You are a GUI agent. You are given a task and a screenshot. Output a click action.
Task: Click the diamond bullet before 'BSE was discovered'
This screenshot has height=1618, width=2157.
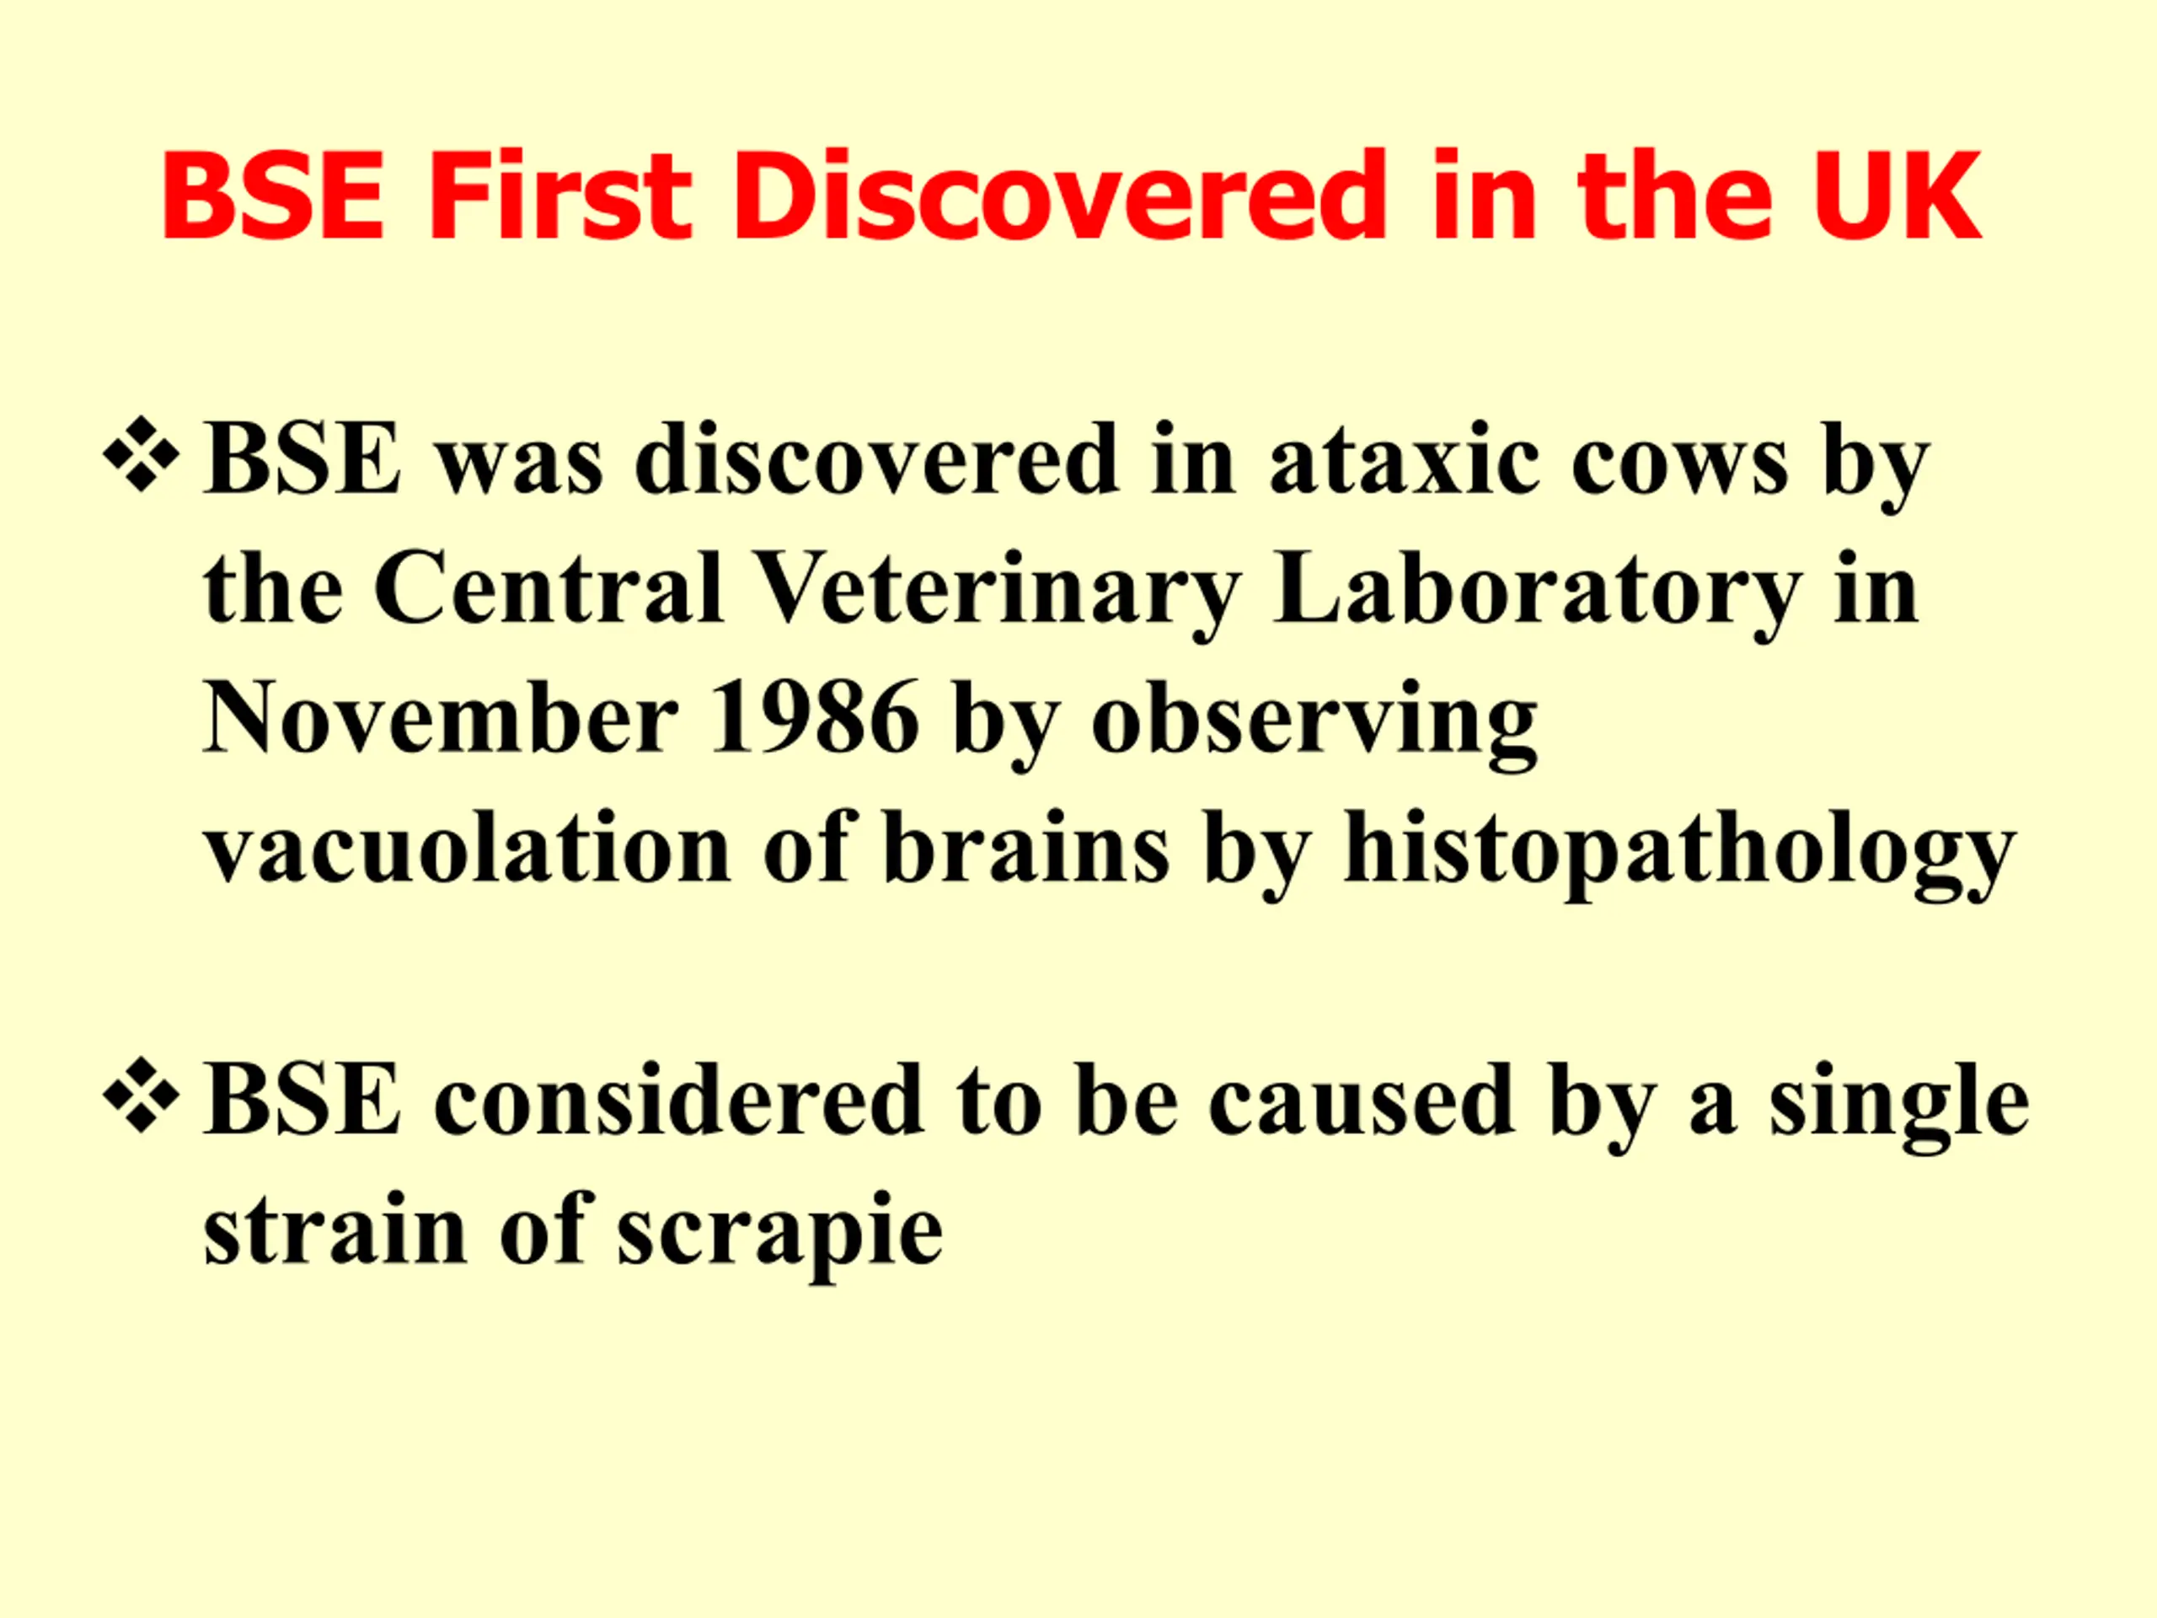click(142, 454)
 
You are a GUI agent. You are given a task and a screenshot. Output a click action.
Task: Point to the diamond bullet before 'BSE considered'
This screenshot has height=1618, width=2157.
click(142, 1096)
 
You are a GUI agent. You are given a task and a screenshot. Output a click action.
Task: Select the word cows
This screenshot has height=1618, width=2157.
click(1679, 463)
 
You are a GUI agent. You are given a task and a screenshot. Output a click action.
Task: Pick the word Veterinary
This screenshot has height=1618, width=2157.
click(998, 595)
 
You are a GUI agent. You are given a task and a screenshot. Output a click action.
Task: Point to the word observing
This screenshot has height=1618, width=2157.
click(1314, 724)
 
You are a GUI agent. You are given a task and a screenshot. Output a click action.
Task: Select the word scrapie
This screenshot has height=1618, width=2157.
click(780, 1235)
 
